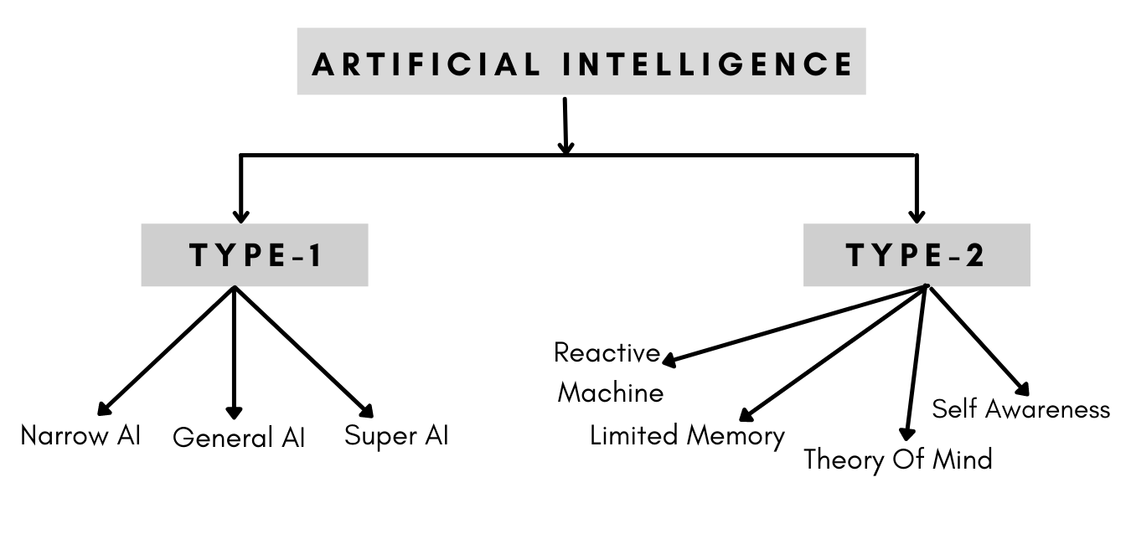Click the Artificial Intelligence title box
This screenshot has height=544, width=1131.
581,62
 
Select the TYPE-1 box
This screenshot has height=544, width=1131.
254,255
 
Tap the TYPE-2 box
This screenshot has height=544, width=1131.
916,255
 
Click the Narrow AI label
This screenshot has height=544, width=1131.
80,436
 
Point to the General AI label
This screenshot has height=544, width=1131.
239,438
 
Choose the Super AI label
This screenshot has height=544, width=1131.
396,436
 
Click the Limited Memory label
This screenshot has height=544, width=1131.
687,435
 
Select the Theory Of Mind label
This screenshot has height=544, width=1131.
897,459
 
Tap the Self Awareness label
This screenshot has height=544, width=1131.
1020,409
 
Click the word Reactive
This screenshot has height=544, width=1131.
607,353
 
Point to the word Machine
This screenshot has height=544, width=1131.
611,393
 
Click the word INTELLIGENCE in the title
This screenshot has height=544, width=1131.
708,64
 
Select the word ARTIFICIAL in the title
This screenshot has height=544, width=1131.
426,64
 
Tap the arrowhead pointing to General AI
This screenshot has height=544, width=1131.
235,413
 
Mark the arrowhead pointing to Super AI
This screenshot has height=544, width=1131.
366,410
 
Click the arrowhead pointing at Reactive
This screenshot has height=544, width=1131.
669,361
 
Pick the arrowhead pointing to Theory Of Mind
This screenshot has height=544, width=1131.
905,433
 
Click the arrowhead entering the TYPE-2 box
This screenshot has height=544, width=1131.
917,217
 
